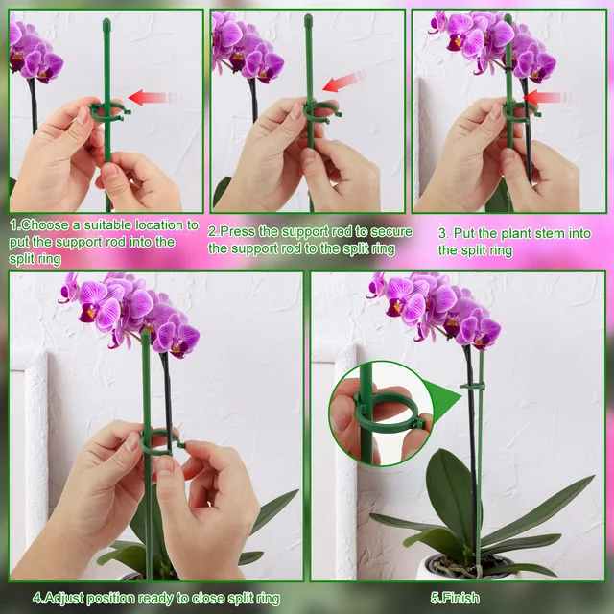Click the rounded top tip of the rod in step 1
(x=106, y=20)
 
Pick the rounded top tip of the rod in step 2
(x=308, y=19)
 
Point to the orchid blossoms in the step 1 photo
(x=34, y=53)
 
